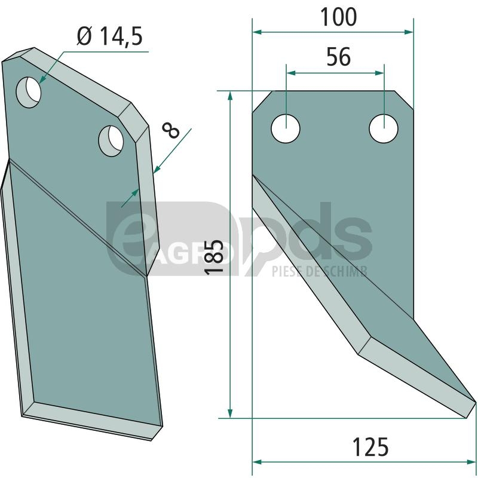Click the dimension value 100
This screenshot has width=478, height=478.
(338, 17)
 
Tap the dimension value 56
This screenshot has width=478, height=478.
(338, 57)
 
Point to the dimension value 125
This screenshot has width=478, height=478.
(370, 447)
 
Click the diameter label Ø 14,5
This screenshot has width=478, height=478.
(109, 36)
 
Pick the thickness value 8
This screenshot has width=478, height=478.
(171, 130)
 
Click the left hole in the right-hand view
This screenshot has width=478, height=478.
(286, 128)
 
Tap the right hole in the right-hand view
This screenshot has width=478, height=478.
(384, 128)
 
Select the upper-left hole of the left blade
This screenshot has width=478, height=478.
(28, 92)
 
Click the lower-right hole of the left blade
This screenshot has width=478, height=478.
(111, 141)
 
